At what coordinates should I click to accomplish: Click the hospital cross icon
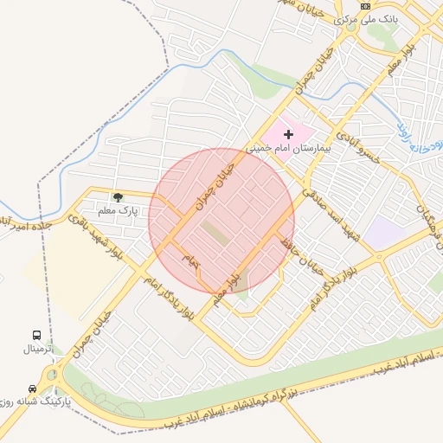coord(288,134)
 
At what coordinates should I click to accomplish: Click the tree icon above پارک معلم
coord(118,197)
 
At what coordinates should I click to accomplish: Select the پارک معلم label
coord(118,210)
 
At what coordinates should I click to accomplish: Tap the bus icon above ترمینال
coord(36,335)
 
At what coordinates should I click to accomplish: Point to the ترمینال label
coord(38,349)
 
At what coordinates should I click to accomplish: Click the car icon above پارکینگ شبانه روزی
coord(32,388)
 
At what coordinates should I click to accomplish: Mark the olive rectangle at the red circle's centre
coord(216,234)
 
